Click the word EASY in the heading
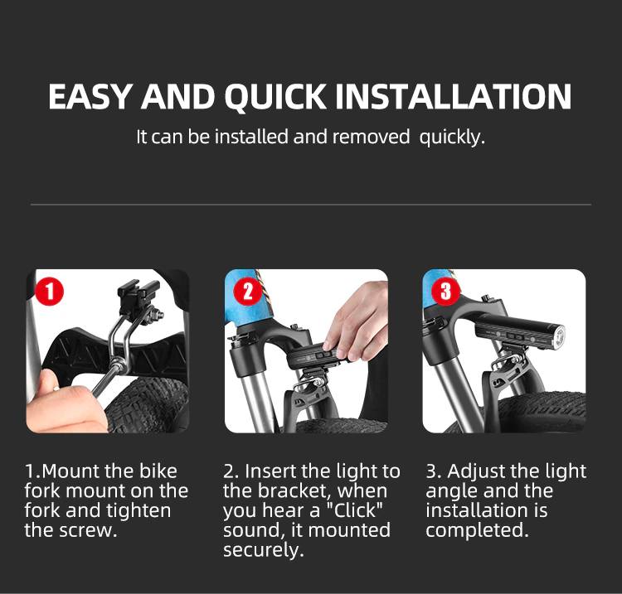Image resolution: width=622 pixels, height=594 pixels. tap(90, 96)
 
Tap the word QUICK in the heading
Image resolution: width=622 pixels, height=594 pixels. tap(275, 97)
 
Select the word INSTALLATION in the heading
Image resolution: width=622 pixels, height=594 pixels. tap(454, 96)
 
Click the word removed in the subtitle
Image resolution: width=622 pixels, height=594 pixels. tap(371, 137)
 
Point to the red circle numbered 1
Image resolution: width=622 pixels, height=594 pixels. tap(50, 292)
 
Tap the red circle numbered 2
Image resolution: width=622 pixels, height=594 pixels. tap(248, 292)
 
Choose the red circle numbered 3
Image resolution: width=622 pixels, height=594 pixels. tap(446, 292)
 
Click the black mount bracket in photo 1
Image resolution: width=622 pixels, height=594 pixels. tap(138, 294)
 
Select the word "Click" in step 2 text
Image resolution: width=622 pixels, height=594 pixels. tap(354, 510)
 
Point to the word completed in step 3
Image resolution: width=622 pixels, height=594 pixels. tap(477, 531)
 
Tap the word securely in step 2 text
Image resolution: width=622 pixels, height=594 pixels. tap(264, 550)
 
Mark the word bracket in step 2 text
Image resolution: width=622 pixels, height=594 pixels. tap(295, 491)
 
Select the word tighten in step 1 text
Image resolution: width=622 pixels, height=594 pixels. tap(138, 511)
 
